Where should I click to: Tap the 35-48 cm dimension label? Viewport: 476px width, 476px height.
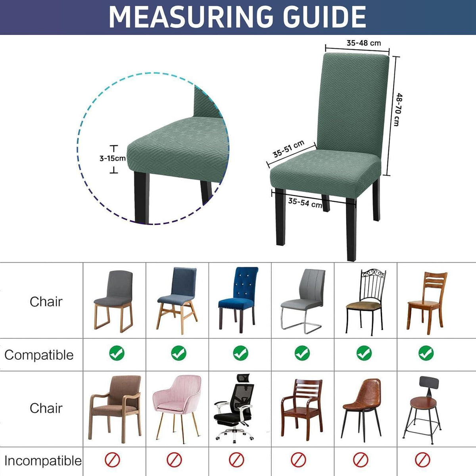tap(364, 43)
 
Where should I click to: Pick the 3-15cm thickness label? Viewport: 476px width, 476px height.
tap(113, 158)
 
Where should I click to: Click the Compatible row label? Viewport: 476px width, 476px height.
tap(39, 355)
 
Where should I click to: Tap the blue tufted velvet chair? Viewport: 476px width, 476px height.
tap(238, 299)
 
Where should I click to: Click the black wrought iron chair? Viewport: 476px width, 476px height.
tap(365, 302)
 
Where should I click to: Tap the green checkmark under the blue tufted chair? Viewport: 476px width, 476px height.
tap(240, 353)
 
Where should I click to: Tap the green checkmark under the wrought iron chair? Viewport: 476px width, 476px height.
tap(364, 353)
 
